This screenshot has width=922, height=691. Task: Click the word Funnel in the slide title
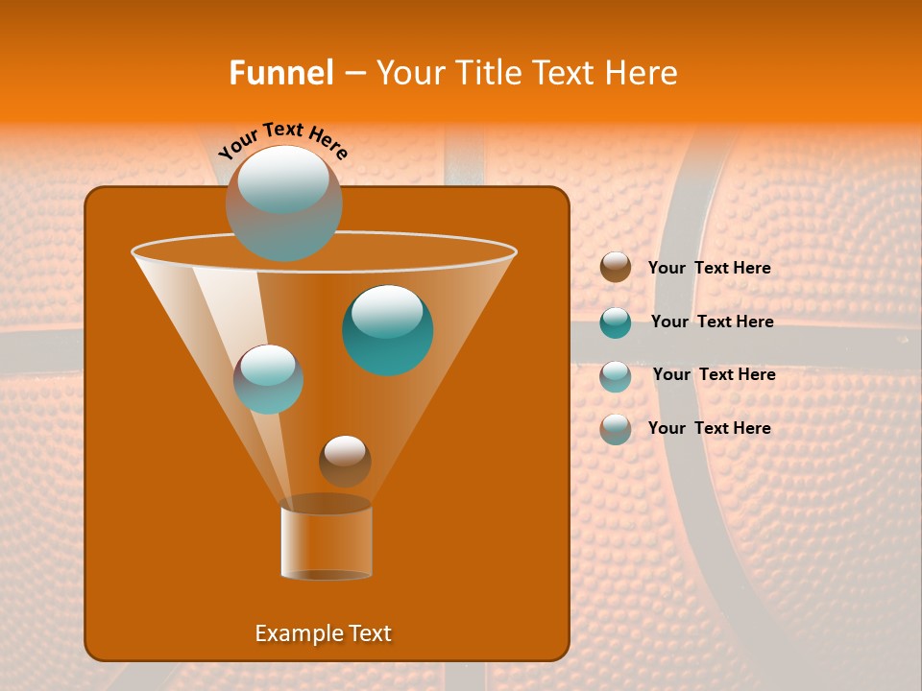click(280, 73)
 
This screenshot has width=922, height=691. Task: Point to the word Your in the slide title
click(410, 73)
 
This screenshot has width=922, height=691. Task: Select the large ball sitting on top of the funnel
click(284, 203)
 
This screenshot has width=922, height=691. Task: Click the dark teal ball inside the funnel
click(388, 329)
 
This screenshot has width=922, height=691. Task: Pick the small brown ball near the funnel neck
click(345, 461)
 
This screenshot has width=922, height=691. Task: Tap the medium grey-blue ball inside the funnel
click(269, 379)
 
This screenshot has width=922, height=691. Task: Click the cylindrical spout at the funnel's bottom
click(327, 542)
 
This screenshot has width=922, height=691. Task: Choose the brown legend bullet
click(616, 268)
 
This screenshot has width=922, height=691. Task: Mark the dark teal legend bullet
click(616, 322)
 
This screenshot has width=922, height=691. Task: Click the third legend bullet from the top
click(616, 376)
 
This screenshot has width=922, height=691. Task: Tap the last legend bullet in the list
click(616, 429)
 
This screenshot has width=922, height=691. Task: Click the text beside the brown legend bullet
click(709, 268)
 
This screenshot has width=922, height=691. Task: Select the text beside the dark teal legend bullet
click(712, 322)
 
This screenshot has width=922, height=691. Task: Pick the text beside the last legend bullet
click(709, 428)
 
